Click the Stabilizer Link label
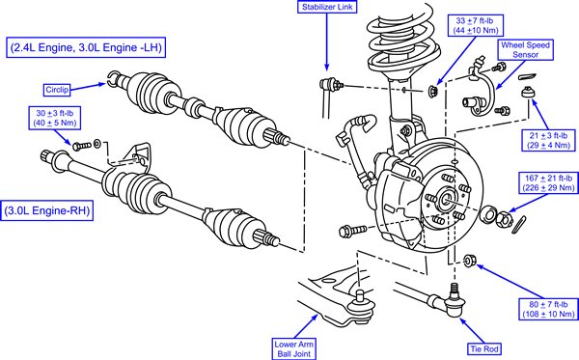point(327,7)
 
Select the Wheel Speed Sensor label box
point(525,50)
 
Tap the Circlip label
point(57,90)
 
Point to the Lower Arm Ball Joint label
point(294,349)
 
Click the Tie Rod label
point(484,349)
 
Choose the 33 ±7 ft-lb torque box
point(475,25)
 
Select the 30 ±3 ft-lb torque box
point(55,118)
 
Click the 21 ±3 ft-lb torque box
point(548,140)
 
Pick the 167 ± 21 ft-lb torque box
point(548,182)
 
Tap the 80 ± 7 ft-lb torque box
point(548,309)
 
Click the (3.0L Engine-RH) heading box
point(47,210)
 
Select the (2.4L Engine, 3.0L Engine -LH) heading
point(86,47)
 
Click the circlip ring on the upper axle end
point(113,78)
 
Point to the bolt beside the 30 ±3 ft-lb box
point(82,146)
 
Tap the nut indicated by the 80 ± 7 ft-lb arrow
point(469,261)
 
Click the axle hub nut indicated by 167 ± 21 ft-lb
point(504,219)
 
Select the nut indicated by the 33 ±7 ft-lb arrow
point(432,91)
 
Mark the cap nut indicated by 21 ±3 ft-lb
point(528,92)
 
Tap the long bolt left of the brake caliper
point(352,231)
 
